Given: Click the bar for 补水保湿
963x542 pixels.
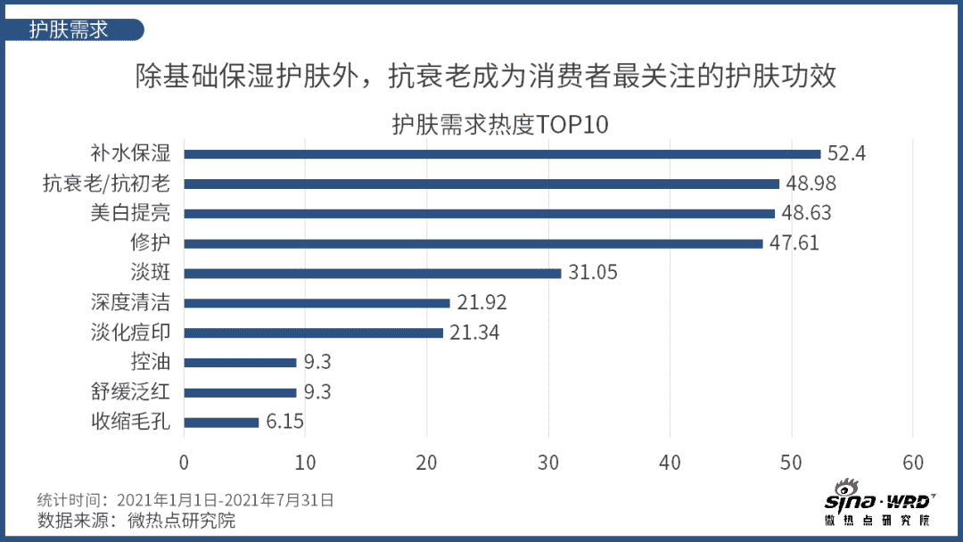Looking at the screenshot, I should point(502,154).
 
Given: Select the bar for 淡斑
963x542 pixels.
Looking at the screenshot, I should point(373,274).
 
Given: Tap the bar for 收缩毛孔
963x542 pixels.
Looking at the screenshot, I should point(221,423).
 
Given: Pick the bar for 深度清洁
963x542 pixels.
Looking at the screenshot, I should point(317,303).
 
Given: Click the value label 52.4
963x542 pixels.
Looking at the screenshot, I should point(846,153).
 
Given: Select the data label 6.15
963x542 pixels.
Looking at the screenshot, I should point(285,422).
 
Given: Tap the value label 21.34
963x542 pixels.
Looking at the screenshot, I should point(473,333).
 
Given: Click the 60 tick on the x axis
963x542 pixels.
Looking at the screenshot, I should point(913,463).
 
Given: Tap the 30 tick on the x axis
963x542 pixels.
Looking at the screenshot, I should point(548,463).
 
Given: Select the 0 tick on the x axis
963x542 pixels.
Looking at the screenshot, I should point(184,463).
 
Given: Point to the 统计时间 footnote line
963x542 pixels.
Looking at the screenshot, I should point(186,499).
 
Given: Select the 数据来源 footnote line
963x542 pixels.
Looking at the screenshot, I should point(136,521).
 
